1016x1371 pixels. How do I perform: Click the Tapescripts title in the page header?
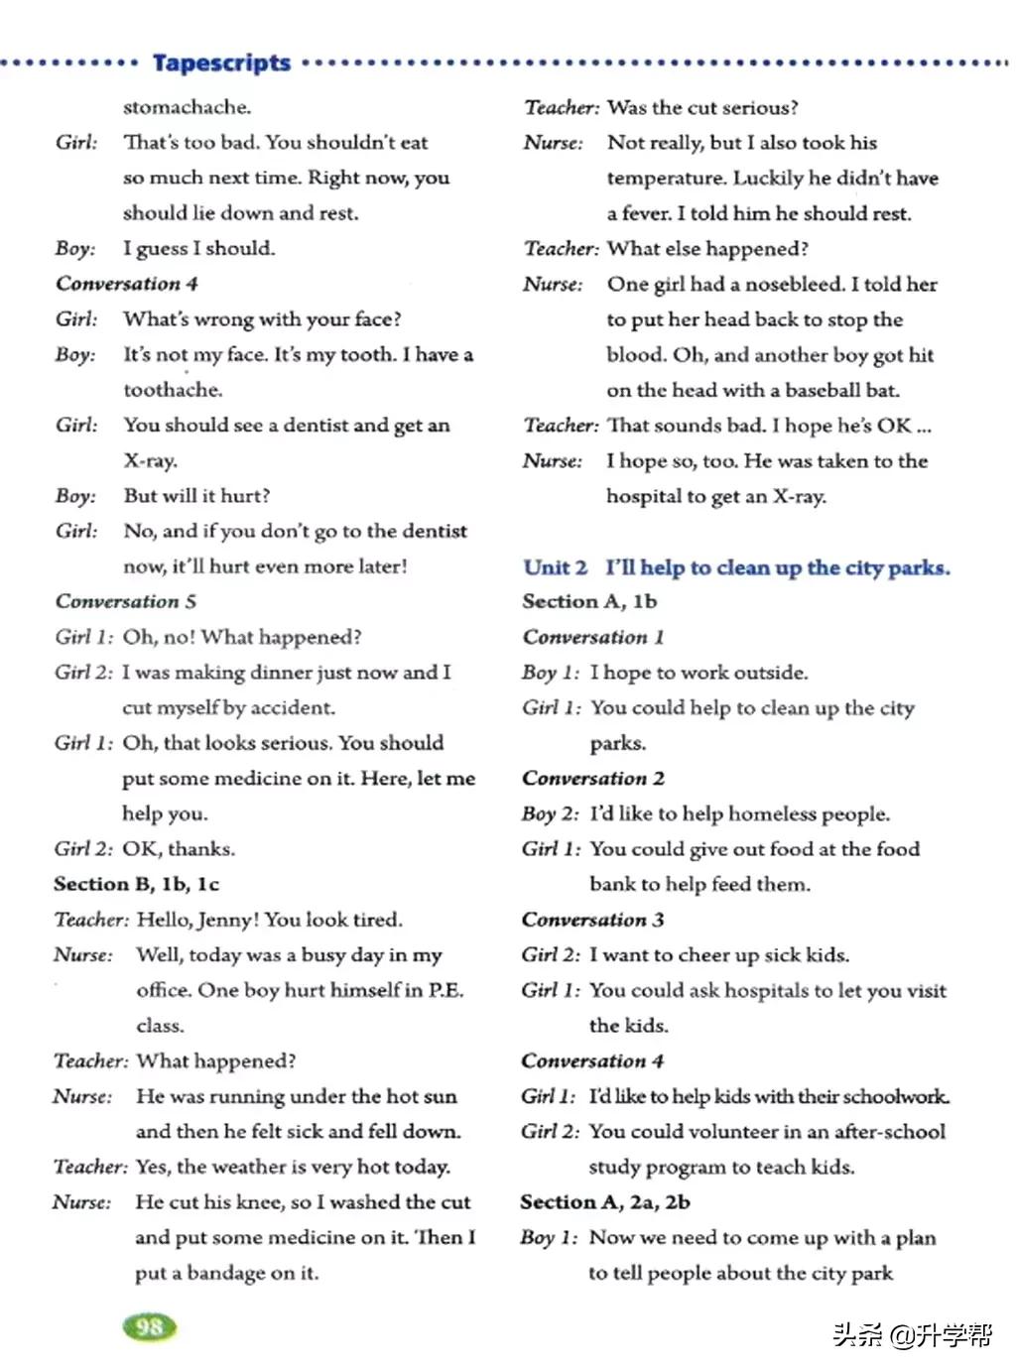pos(221,62)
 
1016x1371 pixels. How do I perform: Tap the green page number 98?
pos(149,1327)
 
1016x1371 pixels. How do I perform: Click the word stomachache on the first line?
pos(187,107)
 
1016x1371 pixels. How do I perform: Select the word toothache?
pos(173,390)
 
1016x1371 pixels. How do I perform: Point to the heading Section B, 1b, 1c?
pos(137,884)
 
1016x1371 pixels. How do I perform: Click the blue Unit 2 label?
pos(556,567)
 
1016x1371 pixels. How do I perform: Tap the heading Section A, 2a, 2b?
pos(605,1202)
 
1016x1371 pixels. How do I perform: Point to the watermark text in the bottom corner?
pos(912,1335)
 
